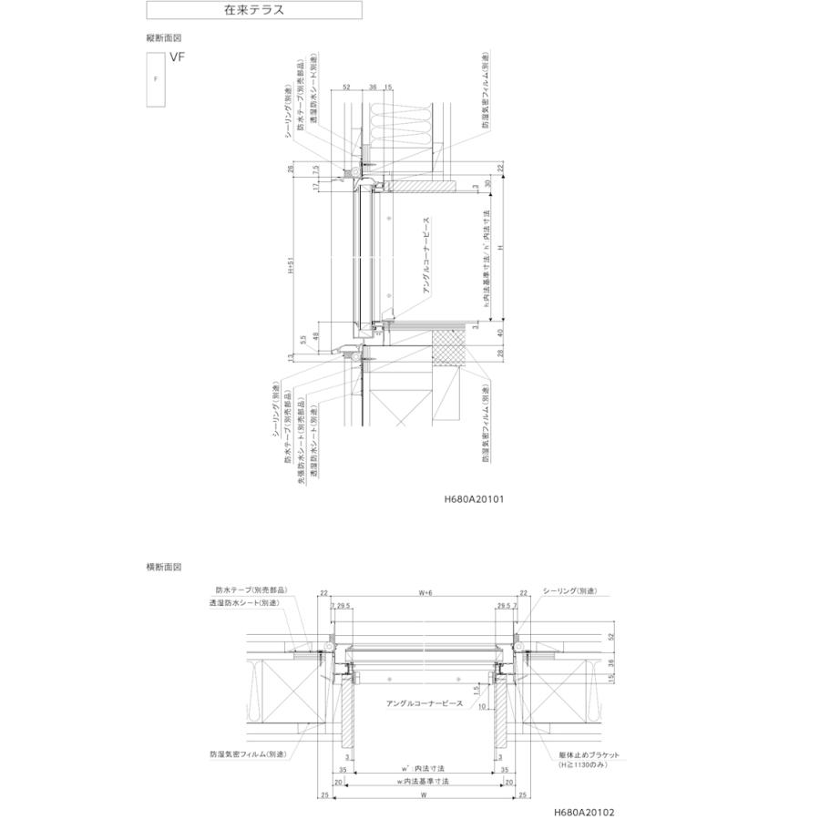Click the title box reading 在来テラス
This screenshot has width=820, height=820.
click(x=254, y=11)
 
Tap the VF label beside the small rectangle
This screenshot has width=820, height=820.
click(x=176, y=56)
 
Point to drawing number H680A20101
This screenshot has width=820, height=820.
click(x=475, y=499)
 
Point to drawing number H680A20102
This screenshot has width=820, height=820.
click(x=583, y=808)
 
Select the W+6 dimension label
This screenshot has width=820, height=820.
click(x=425, y=592)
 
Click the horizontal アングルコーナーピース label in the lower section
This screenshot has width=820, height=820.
click(x=425, y=703)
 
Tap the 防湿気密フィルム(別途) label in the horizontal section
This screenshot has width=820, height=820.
click(x=248, y=754)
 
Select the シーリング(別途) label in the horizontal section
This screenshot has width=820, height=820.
click(x=571, y=590)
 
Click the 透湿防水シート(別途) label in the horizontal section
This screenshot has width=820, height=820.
click(x=244, y=602)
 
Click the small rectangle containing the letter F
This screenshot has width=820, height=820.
click(x=155, y=80)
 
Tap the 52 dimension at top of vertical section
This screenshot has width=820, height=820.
click(x=347, y=87)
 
